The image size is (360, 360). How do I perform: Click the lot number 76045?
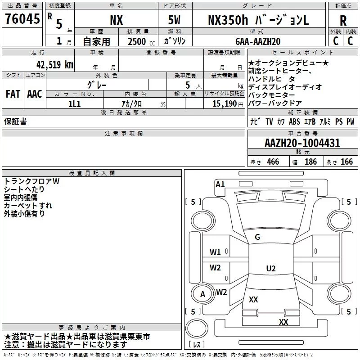(22, 19)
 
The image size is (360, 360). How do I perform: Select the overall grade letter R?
(343, 21)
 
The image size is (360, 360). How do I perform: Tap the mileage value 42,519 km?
(55, 65)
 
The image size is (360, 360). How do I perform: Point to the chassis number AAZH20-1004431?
(302, 143)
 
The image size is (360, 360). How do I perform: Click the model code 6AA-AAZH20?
(258, 41)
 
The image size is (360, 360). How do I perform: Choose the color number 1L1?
(74, 104)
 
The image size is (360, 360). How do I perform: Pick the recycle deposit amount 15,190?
(225, 104)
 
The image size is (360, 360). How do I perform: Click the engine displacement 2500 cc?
(141, 42)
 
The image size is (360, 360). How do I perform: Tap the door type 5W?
(174, 20)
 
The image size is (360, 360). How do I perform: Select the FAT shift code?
(13, 94)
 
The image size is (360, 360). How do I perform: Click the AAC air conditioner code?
(35, 94)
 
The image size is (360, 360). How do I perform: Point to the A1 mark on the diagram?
(220, 184)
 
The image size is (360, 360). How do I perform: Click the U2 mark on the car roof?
(271, 268)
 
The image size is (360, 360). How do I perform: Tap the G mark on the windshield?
(257, 237)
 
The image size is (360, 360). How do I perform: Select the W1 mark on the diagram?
(215, 252)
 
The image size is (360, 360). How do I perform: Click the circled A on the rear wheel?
(202, 294)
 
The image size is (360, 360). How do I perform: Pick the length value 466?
(273, 162)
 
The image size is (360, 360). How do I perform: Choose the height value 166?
(346, 162)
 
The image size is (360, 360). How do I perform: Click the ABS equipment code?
(294, 121)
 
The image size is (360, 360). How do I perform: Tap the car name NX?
(117, 20)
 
